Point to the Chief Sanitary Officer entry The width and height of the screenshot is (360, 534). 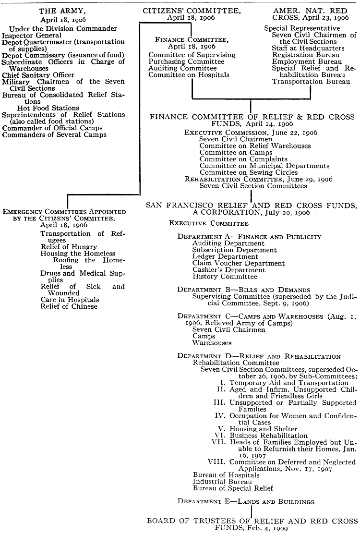click(38, 75)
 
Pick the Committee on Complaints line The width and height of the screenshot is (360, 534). click(243, 159)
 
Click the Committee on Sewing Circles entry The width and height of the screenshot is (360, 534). click(249, 172)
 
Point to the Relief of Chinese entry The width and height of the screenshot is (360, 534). click(69, 306)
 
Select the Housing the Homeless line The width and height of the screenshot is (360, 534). click(78, 254)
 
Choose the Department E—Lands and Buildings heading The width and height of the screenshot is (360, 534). click(246, 501)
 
